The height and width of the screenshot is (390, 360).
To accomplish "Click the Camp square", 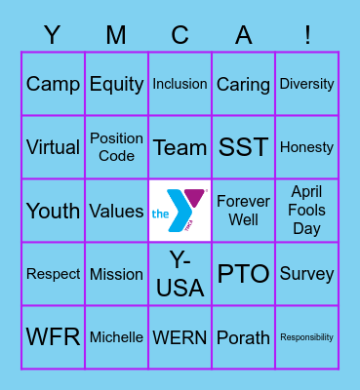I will click(x=53, y=84).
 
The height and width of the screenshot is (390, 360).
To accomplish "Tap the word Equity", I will click(x=116, y=84).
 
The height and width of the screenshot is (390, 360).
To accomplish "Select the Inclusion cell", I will click(x=180, y=84).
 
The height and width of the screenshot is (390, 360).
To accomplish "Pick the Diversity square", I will click(x=306, y=84).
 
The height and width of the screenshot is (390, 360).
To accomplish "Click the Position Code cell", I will click(x=116, y=147).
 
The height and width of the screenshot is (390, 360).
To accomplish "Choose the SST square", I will click(x=243, y=147).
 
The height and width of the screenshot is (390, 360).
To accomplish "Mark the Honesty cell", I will click(x=306, y=147).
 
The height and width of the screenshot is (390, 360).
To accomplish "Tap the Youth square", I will click(x=53, y=211).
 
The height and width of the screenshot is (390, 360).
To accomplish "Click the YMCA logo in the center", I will click(x=180, y=211).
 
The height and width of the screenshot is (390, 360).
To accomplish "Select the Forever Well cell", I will click(x=243, y=211).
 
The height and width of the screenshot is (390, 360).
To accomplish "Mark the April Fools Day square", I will click(x=306, y=211).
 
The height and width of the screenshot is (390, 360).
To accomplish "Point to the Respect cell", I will click(x=53, y=274).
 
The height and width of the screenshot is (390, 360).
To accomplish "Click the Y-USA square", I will click(x=180, y=274).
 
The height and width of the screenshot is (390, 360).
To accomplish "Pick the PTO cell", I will click(x=243, y=274).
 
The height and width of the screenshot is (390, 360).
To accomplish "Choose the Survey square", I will click(x=306, y=274).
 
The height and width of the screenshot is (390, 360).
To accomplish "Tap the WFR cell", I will click(x=53, y=337).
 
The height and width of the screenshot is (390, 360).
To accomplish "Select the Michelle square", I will click(x=116, y=337).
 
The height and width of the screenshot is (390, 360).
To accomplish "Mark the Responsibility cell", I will click(x=306, y=337).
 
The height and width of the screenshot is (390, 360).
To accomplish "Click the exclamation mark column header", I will click(x=307, y=35).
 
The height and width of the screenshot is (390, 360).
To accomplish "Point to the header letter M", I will click(x=116, y=35).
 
